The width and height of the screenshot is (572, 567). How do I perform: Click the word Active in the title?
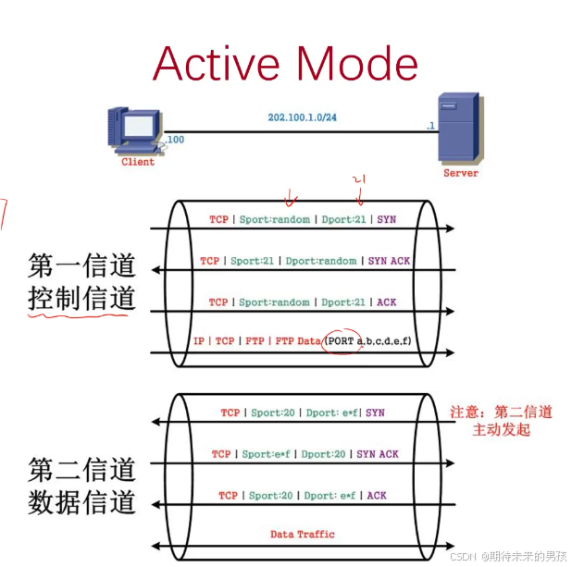click(215, 64)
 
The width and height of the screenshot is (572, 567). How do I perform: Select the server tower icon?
click(460, 129)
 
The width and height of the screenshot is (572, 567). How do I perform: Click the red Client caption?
click(138, 162)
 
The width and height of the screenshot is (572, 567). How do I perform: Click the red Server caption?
click(461, 173)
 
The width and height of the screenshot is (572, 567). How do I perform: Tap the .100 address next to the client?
click(174, 139)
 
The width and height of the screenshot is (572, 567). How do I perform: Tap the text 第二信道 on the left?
click(82, 469)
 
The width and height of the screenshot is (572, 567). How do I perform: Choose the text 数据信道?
click(82, 502)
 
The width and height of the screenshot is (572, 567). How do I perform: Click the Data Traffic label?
click(303, 534)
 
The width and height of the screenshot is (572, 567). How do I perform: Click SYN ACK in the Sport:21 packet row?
click(389, 261)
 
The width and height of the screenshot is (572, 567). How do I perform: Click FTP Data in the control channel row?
click(296, 341)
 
